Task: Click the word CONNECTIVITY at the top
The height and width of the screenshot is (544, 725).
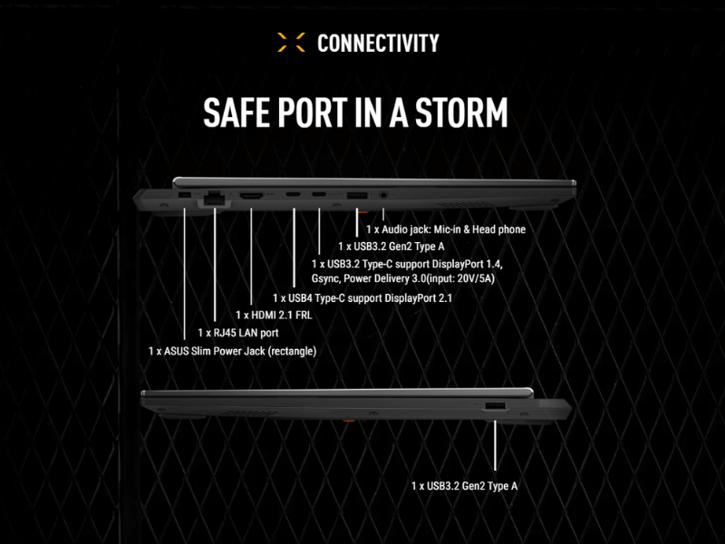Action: coord(378,43)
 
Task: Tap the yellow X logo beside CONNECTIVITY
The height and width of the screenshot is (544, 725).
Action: coord(291,42)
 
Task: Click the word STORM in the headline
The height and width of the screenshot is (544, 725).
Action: coord(461,112)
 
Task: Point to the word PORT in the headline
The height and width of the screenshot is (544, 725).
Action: coord(313,112)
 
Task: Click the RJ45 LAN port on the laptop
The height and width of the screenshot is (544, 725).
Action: coord(214,198)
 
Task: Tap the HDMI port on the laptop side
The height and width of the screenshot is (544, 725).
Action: coord(251,195)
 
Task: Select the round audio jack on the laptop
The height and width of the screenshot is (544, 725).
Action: coord(382,195)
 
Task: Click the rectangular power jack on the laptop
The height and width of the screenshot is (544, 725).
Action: coord(185,195)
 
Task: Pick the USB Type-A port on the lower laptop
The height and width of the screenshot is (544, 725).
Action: coord(495,406)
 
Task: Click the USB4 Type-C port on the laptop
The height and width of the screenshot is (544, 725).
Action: coord(293,194)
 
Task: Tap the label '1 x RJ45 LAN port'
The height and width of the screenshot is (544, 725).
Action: coord(238,333)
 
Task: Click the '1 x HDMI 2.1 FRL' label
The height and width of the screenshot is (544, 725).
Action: coord(274,315)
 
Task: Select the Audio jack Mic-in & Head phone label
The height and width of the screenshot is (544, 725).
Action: coord(446,229)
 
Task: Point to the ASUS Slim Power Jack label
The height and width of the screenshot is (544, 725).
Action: coord(232,351)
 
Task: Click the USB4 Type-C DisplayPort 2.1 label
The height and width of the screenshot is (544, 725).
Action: coord(362,298)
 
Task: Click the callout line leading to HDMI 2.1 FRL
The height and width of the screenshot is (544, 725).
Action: coord(251,257)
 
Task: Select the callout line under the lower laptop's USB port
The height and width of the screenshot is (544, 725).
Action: coord(495,445)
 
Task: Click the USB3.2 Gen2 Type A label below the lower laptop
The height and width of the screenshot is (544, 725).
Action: coord(464,486)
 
